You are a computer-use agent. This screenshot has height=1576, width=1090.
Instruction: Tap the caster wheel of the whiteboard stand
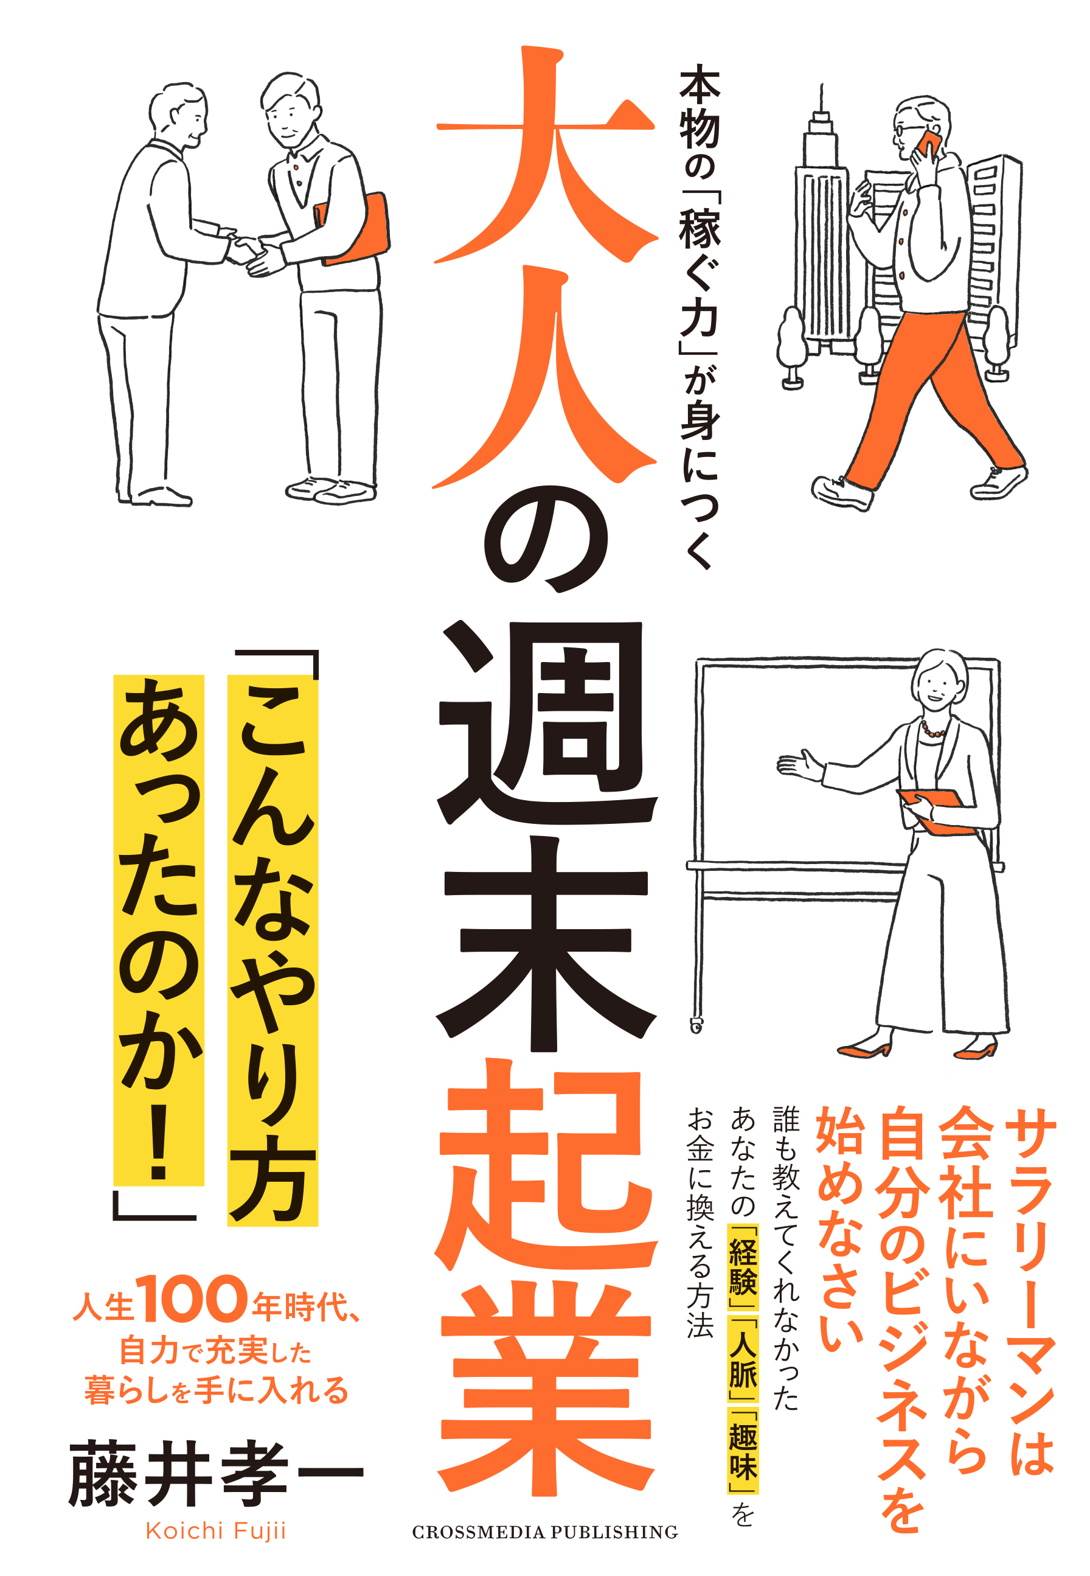[x=696, y=1025]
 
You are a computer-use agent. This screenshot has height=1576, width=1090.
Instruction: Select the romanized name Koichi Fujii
[x=216, y=1531]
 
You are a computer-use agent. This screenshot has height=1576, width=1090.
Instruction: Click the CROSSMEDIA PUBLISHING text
[x=545, y=1532]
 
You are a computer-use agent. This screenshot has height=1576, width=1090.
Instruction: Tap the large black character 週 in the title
[x=546, y=724]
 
